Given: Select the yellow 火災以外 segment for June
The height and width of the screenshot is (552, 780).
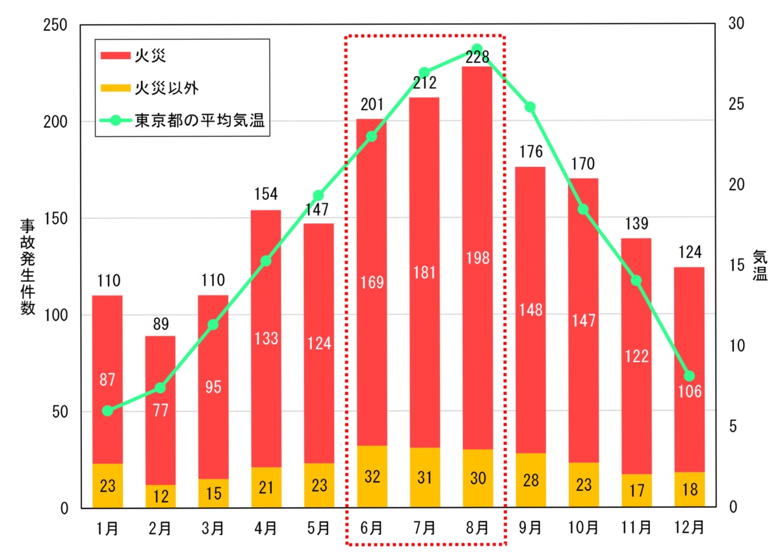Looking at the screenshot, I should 371,476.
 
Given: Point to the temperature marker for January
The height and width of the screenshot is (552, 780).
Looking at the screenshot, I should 108,410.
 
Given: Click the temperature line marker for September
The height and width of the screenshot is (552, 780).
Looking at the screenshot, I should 530,107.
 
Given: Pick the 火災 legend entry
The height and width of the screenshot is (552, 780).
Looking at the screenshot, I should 133,55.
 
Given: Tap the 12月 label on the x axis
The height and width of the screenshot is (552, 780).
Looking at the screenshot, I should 689,527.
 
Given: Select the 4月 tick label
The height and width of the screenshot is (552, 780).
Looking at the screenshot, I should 266,527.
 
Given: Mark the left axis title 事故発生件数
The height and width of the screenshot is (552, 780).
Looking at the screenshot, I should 27,266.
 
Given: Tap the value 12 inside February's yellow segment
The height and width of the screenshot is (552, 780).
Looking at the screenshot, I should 161,497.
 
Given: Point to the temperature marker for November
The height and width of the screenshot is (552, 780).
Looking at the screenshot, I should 636,281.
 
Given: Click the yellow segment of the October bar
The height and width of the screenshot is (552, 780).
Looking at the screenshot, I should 583,484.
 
